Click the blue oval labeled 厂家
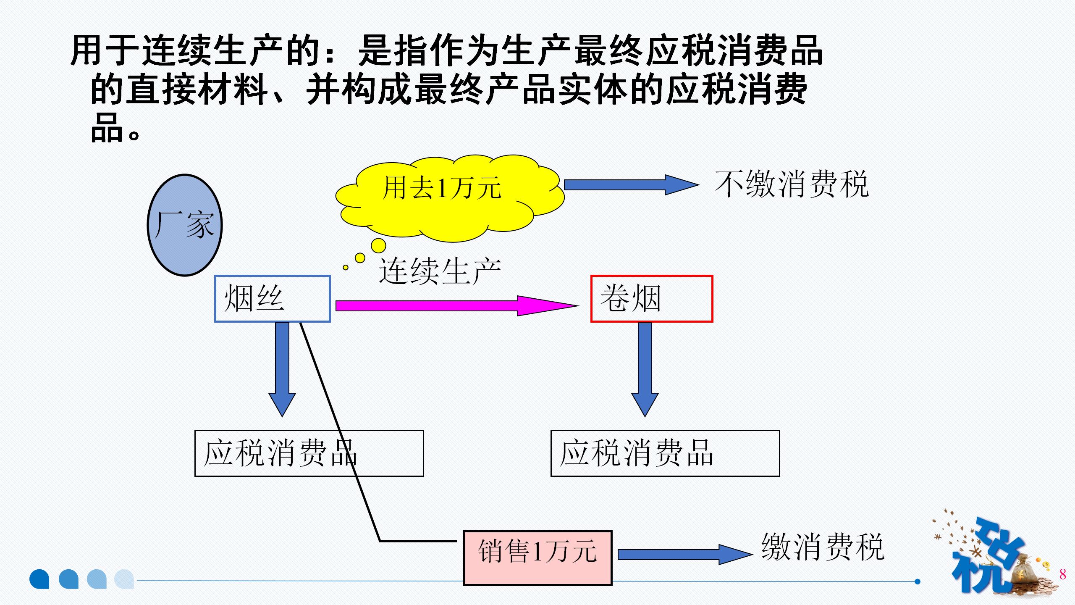tap(185, 225)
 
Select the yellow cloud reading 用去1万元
tap(449, 197)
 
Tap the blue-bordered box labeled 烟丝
tap(272, 299)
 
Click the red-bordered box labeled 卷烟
tap(651, 299)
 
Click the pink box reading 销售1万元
tap(537, 558)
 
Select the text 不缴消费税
tap(792, 184)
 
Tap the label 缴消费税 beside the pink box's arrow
tap(823, 547)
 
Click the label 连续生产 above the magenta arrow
tap(440, 271)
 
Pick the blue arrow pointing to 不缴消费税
tap(630, 185)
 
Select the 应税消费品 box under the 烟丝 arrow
tap(309, 453)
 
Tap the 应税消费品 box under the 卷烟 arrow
tap(665, 453)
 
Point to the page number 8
tap(1062, 574)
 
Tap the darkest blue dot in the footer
tap(39, 579)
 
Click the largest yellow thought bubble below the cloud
tap(378, 246)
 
